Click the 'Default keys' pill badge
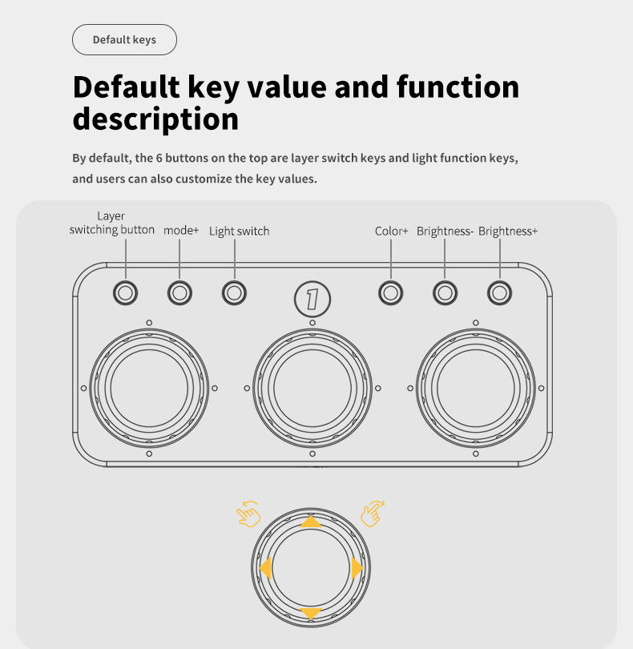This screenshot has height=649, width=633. coord(124,40)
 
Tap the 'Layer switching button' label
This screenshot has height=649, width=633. coord(112,223)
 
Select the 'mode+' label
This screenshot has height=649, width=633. coord(181,230)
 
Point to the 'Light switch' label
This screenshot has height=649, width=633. coord(239,231)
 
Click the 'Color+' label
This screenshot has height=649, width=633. coord(391,231)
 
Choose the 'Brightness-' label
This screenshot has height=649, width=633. coord(445,231)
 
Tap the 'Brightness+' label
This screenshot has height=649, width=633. coord(507,231)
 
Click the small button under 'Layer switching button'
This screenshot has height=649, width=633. coord(126,293)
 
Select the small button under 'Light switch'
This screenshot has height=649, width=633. coord(234,293)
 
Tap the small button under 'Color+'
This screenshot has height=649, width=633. coord(390,293)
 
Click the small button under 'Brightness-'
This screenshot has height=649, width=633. coord(445,293)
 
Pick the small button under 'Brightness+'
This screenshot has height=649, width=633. coord(500,293)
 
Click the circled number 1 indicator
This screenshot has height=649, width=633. coord(312,299)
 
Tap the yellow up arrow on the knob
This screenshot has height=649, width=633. coord(311,522)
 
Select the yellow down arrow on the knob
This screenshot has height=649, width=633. coord(311,613)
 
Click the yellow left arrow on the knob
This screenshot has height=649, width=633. coord(266,568)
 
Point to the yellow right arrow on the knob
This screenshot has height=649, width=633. coord(357,568)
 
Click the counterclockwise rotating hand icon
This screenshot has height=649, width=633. coord(248,514)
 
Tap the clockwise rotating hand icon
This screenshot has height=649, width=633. coord(372,514)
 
